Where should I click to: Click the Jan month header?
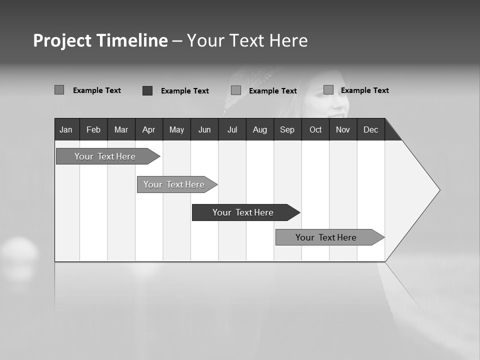[66, 129]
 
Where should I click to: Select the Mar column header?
[121, 129]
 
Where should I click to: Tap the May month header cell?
[176, 129]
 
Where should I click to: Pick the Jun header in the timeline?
[204, 129]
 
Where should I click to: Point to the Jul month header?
[232, 129]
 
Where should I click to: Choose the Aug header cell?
[260, 129]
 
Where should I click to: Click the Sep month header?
[287, 129]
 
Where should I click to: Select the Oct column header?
[315, 129]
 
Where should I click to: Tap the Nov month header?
[343, 129]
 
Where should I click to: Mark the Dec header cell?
[371, 129]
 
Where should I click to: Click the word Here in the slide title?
[288, 40]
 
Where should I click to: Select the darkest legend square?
[147, 90]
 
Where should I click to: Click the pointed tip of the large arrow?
[438, 190]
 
